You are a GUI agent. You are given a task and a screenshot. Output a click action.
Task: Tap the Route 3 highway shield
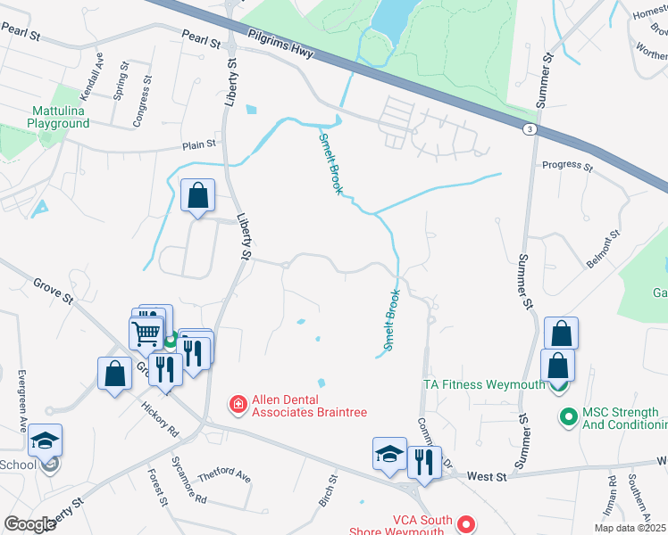pyautogui.click(x=530, y=129)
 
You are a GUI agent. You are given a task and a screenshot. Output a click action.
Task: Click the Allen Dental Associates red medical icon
pyautogui.click(x=238, y=406)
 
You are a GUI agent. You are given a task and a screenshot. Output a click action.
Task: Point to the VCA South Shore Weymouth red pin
pyautogui.click(x=464, y=523)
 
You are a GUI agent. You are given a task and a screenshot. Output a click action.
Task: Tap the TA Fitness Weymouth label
pyautogui.click(x=483, y=385)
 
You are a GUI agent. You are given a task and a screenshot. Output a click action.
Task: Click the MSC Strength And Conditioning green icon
pyautogui.click(x=567, y=416)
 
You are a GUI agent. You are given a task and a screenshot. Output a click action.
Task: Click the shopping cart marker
pyautogui.click(x=146, y=336)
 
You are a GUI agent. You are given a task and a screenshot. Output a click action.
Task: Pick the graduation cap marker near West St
pyautogui.click(x=389, y=455)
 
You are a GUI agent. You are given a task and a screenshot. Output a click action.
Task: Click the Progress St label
pyautogui.click(x=567, y=166)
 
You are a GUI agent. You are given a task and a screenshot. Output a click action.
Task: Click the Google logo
pyautogui.click(x=29, y=524)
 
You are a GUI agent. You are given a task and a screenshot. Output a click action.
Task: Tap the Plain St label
pyautogui.click(x=199, y=144)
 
